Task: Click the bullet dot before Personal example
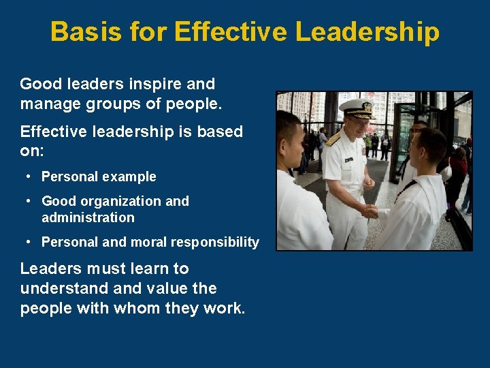29,177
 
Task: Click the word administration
88,218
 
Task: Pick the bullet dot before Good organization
29,201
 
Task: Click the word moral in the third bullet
154,243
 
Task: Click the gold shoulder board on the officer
333,139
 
